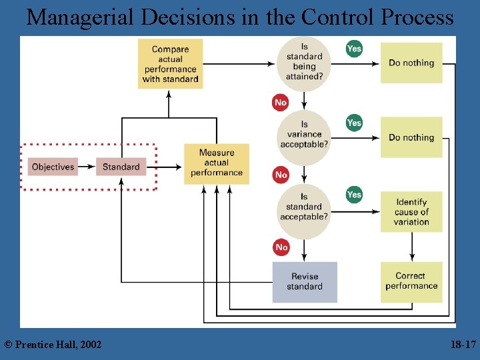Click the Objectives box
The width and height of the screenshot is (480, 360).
53,167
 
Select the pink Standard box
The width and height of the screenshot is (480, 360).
121,167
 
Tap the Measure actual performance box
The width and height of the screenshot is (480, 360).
217,163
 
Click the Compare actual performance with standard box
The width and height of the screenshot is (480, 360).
170,64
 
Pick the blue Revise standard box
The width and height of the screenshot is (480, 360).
305,282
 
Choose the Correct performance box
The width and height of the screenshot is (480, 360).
411,281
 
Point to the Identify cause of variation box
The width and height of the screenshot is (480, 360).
411,212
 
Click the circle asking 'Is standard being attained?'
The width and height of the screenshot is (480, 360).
304,63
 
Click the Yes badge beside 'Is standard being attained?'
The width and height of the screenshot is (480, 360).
354,49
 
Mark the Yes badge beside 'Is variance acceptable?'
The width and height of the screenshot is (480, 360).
354,123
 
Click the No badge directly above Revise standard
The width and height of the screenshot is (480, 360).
281,247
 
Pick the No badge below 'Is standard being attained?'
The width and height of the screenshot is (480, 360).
281,102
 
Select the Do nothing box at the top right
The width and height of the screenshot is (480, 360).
411,63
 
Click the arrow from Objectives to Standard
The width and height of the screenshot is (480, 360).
87,167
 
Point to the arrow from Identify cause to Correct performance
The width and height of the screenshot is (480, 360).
411,247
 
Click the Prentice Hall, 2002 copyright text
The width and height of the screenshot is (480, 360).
53,344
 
